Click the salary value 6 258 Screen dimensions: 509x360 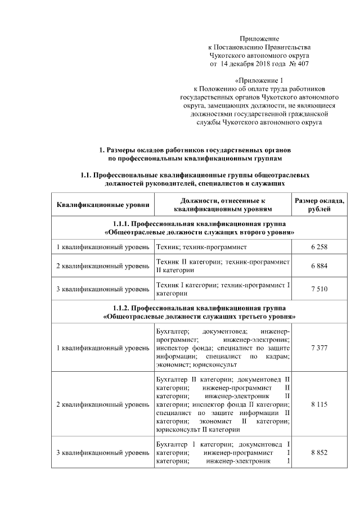point(318,247)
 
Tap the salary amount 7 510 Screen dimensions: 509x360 point(318,289)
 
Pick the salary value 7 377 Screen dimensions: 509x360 point(318,348)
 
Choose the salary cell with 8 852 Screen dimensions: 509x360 point(318,453)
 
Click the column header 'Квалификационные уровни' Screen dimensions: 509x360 point(103,205)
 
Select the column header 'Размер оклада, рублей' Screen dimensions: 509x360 point(319,205)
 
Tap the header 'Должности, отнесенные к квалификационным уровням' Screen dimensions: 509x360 point(223,205)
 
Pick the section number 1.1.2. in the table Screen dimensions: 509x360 point(122,308)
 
